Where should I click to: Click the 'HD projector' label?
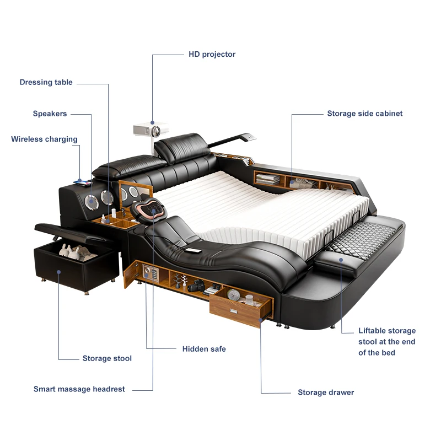coord(212,54)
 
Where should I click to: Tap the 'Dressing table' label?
coord(46,82)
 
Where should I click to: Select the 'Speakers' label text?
coord(50,114)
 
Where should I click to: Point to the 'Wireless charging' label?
coord(44,139)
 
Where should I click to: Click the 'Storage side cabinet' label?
coord(364,114)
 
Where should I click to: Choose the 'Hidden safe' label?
coord(204,349)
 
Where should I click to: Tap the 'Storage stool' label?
coord(107,358)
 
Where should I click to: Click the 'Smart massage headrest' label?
coord(79,389)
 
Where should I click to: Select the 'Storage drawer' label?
coord(326,392)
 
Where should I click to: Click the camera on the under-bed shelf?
coord(197,285)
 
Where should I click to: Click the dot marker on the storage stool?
coord(58,271)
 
